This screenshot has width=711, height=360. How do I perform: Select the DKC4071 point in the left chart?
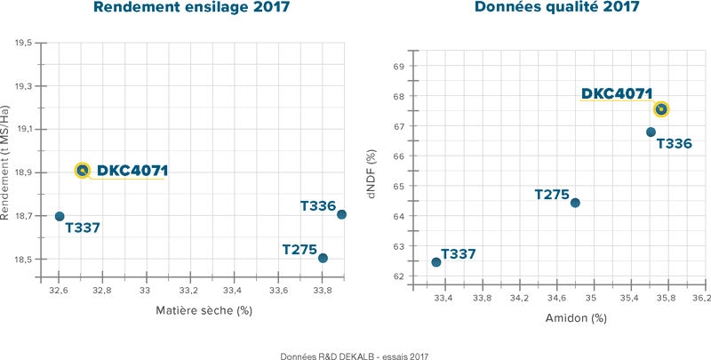[83, 170]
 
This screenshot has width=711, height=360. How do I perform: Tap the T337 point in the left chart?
[60, 216]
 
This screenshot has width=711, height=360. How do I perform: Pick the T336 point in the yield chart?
[341, 214]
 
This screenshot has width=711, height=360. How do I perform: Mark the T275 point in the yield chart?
[323, 258]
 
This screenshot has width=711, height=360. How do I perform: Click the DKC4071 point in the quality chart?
[660, 109]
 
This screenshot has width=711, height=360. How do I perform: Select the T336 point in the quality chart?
[651, 132]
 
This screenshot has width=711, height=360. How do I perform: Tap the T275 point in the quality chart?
[574, 203]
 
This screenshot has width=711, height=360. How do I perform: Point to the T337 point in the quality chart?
[435, 262]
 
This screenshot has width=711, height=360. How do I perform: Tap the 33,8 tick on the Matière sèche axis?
[323, 290]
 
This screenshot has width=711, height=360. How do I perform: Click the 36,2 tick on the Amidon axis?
[699, 298]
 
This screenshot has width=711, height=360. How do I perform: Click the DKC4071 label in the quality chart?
[617, 93]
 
